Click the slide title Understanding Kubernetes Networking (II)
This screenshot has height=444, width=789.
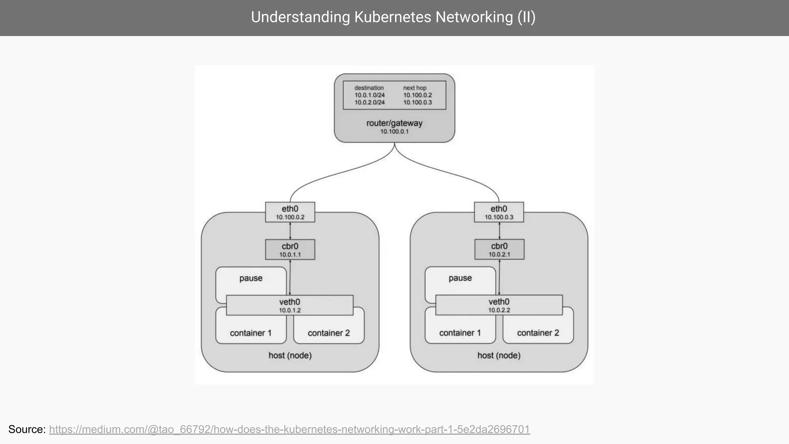point(393,17)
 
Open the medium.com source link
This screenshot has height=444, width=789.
point(289,429)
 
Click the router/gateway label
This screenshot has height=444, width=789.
point(394,123)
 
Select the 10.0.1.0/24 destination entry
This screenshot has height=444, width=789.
point(369,95)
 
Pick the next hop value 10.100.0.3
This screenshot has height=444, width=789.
point(417,103)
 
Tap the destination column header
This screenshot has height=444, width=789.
point(369,88)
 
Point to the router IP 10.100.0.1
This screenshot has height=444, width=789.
point(394,132)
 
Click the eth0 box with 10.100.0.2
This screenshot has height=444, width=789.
point(290,212)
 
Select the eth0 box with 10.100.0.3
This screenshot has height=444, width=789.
point(499,212)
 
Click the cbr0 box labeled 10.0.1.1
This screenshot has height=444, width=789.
point(290,250)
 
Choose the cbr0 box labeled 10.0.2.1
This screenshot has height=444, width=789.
point(499,249)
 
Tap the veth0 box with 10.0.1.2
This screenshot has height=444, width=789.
point(289,305)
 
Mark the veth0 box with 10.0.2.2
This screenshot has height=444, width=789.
point(499,305)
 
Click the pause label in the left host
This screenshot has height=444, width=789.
point(251,278)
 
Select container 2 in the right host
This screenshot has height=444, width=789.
point(538,333)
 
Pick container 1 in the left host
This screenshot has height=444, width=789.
point(250,333)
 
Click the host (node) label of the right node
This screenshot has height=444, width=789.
point(499,355)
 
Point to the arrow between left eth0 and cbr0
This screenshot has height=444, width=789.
point(290,231)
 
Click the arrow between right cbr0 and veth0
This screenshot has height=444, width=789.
point(499,277)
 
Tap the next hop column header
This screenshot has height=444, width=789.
point(415,88)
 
